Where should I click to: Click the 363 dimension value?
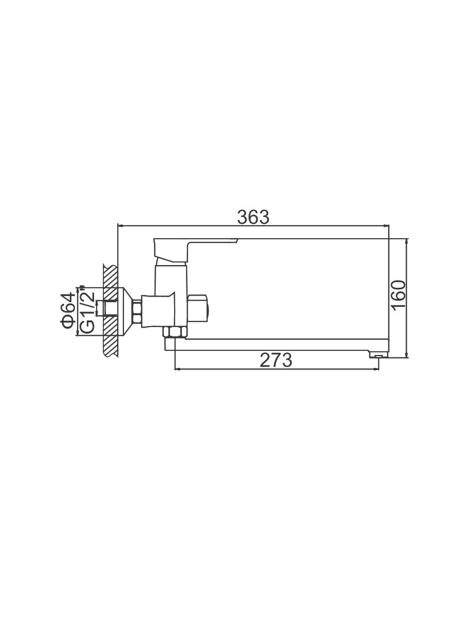click(x=253, y=217)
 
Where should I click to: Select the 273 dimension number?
click(x=276, y=360)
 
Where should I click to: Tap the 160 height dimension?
click(x=399, y=296)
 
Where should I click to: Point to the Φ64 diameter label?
click(x=68, y=311)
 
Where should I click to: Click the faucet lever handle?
click(x=195, y=250)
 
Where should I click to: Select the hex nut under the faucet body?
click(x=175, y=333)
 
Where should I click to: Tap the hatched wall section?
click(x=111, y=310)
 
